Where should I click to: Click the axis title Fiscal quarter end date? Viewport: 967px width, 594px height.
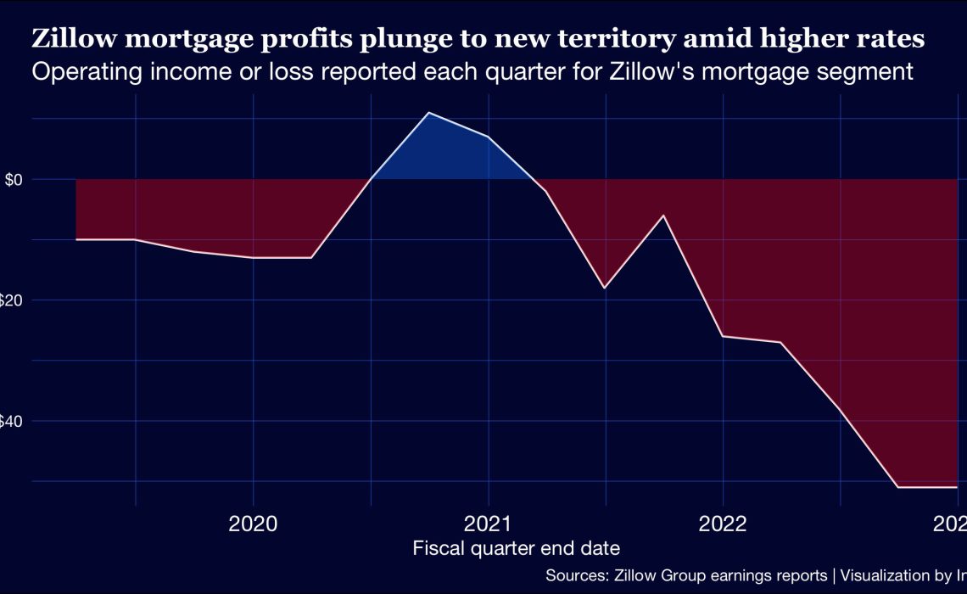(x=516, y=548)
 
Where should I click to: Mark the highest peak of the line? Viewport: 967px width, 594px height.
(x=429, y=113)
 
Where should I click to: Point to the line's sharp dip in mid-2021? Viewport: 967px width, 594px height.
(x=604, y=289)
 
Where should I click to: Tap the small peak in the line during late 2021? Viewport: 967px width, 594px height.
(x=663, y=216)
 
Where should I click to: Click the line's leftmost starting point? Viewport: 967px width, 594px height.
(x=76, y=239)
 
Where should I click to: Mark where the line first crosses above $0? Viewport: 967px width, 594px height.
(x=372, y=179)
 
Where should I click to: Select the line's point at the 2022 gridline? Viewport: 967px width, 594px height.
(x=723, y=337)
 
